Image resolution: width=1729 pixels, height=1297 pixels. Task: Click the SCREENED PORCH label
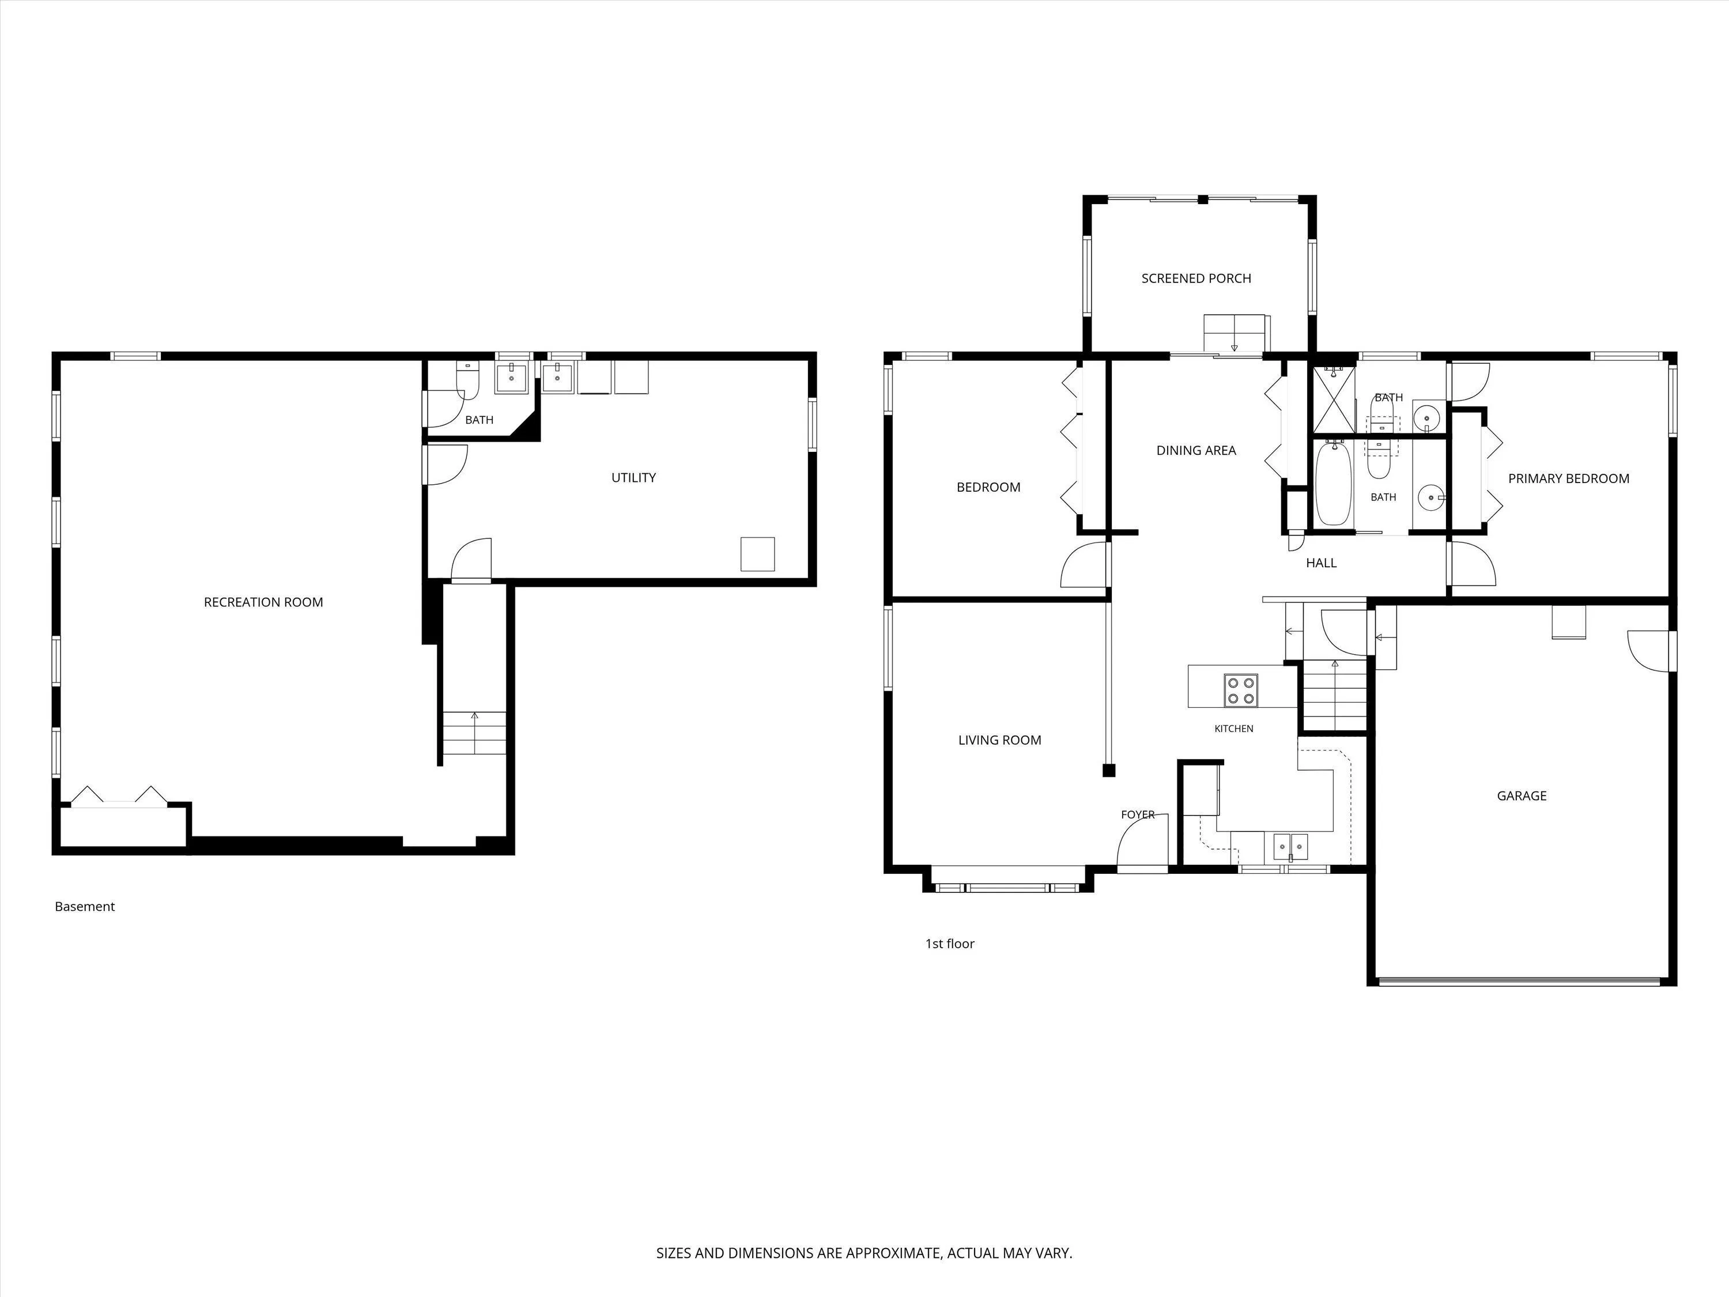tap(1196, 278)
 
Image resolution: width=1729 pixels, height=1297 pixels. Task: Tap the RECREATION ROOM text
tap(263, 602)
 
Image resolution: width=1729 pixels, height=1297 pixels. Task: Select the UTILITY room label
tap(633, 478)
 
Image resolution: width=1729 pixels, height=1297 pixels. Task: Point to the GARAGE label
tap(1521, 796)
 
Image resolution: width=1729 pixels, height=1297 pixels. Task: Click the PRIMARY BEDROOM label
tap(1569, 478)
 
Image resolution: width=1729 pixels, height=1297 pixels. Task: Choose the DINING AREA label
tap(1196, 450)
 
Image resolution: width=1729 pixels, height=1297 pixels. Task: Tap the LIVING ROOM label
tap(1000, 740)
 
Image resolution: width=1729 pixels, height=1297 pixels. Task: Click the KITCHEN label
tap(1233, 729)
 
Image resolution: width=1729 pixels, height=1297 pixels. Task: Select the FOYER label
tap(1137, 815)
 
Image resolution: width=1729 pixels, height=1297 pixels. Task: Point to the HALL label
tap(1321, 563)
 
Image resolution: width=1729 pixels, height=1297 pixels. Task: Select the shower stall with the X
tap(1332, 399)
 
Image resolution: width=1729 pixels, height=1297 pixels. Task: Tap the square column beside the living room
tap(1108, 771)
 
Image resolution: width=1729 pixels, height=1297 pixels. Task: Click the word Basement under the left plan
tap(84, 907)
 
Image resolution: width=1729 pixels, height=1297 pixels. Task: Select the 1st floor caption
tap(950, 944)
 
